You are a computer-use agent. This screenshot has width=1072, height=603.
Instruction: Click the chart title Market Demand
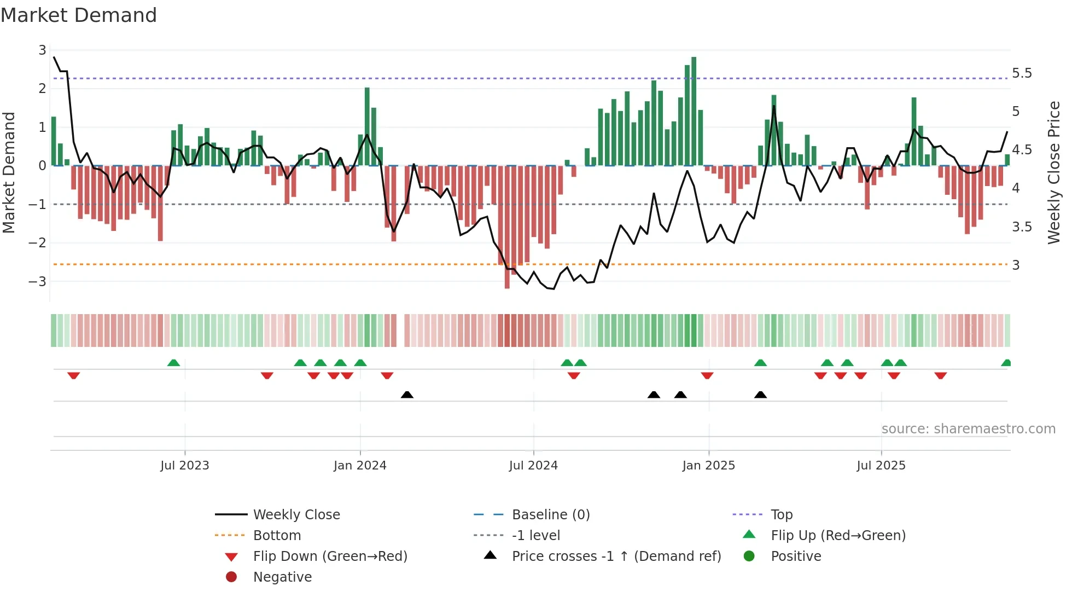click(x=79, y=15)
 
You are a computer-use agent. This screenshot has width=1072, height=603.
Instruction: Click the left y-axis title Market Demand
click(x=9, y=172)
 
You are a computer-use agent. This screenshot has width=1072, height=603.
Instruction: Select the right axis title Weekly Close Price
click(x=1054, y=172)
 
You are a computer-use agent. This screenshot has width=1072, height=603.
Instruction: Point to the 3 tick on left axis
click(x=42, y=50)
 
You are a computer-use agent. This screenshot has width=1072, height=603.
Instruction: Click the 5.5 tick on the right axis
click(x=1021, y=73)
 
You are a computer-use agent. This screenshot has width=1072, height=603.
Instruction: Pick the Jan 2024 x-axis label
click(x=360, y=466)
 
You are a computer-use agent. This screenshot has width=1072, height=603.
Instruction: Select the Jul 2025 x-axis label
click(x=881, y=466)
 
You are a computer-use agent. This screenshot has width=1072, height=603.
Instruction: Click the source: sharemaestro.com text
click(x=968, y=429)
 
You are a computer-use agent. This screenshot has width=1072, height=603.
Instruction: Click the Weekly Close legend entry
click(x=296, y=515)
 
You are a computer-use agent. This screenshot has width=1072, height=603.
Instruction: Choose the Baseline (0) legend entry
click(x=550, y=515)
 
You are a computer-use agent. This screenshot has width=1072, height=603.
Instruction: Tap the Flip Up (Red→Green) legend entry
click(x=838, y=536)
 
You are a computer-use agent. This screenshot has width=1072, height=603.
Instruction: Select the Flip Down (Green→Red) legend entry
click(x=330, y=556)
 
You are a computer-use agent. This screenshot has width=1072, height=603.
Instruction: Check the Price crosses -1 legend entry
click(x=616, y=556)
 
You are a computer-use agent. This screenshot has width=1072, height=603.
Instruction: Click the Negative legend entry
click(x=282, y=577)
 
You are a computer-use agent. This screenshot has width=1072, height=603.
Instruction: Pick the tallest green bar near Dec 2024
click(x=694, y=109)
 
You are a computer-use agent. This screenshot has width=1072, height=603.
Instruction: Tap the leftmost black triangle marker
click(x=407, y=395)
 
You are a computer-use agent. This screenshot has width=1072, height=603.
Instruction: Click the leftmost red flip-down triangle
click(x=74, y=375)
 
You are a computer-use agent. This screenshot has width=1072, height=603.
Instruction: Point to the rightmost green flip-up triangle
click(x=1006, y=363)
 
